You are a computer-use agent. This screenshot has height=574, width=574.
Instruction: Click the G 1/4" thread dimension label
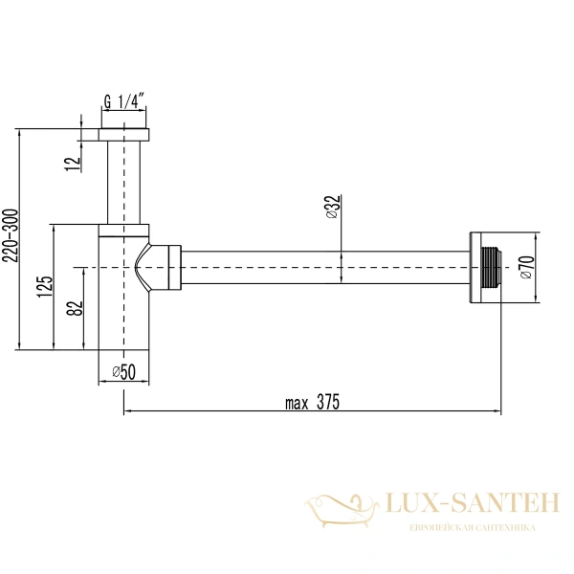[124, 99]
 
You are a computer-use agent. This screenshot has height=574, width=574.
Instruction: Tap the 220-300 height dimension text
[10, 239]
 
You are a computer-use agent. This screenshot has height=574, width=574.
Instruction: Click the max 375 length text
[312, 402]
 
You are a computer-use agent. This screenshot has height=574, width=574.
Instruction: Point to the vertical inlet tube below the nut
[124, 182]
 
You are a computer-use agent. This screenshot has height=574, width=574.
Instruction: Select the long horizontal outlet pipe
[325, 267]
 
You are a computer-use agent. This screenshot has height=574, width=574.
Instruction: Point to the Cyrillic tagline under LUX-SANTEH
[472, 528]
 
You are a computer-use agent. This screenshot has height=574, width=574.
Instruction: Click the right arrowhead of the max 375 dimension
[497, 412]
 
